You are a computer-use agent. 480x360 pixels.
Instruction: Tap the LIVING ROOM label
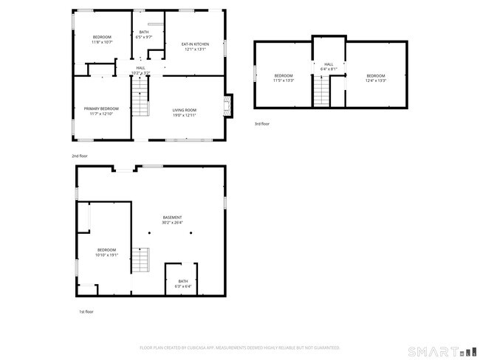[184, 109]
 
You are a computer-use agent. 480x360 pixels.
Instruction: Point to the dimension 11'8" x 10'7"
[102, 43]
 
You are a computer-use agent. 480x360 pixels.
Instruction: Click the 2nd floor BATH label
[143, 32]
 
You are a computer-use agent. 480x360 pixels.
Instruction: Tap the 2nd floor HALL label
[140, 68]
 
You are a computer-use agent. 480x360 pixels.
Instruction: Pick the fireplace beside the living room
[229, 105]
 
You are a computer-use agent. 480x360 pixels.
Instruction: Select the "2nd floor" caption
[79, 156]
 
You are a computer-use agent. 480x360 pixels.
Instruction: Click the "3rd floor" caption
[262, 124]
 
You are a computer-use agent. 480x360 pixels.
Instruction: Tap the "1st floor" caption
[86, 312]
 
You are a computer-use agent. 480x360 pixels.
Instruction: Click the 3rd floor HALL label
[329, 64]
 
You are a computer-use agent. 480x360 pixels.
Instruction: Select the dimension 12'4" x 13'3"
[376, 80]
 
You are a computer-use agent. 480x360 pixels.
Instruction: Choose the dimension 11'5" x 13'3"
[284, 80]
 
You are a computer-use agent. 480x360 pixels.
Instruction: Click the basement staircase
[140, 260]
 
